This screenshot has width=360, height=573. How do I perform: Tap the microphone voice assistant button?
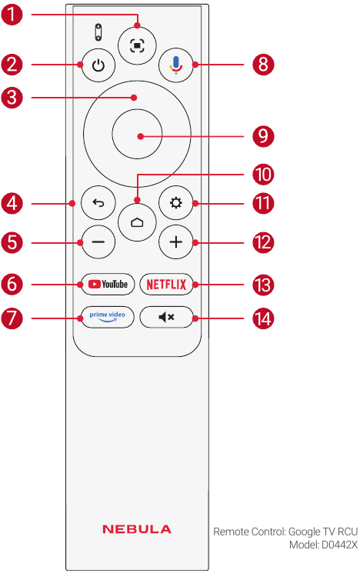[176, 65]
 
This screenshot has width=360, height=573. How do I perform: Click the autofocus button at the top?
[137, 45]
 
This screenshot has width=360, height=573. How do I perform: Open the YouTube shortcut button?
[108, 284]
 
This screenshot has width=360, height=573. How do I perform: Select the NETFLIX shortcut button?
[166, 284]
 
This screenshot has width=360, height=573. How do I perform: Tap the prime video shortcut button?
[108, 317]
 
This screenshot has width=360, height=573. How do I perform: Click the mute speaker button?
[166, 317]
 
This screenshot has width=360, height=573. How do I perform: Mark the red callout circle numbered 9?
[263, 136]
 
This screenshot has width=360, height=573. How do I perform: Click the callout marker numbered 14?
[263, 318]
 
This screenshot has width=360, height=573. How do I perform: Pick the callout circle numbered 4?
[12, 204]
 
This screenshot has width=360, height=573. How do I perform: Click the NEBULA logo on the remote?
[137, 529]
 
